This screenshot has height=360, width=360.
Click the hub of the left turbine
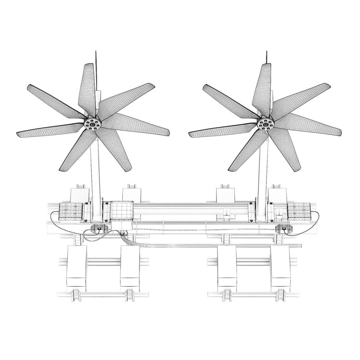coord(93,124)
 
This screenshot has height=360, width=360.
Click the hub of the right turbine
coord(265,123)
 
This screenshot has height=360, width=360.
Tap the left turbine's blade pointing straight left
coord(49,130)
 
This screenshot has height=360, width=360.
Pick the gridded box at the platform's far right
coord(298,211)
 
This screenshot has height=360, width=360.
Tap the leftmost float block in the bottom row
coord(76,267)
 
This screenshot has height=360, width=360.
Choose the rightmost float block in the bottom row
coord(280,267)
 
